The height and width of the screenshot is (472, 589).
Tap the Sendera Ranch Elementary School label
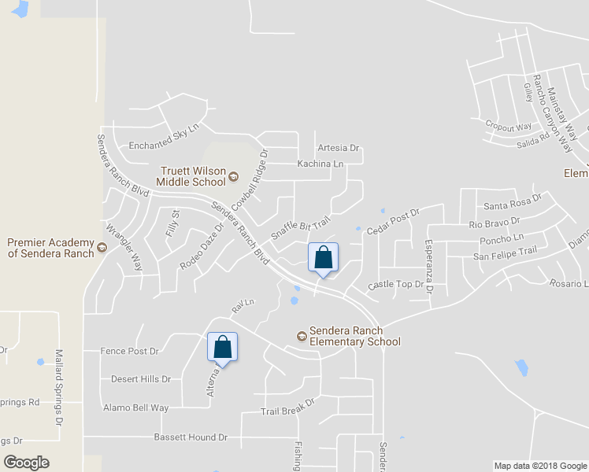coord(354,336)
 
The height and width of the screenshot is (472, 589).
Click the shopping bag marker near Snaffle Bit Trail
coord(323,257)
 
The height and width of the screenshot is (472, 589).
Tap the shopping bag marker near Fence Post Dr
coord(223,346)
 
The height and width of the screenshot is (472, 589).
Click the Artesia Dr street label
coord(338,147)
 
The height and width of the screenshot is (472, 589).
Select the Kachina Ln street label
coord(320,164)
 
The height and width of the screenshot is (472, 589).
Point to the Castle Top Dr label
coord(395,284)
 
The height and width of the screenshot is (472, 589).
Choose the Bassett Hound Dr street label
coord(191,437)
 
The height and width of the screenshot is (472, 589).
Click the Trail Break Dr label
coord(287,407)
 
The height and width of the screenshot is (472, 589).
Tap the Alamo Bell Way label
coord(136,407)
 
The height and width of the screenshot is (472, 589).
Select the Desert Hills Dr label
coord(141,378)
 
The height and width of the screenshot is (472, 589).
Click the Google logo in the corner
coord(27,463)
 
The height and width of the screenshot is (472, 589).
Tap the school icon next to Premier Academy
coord(102,249)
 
